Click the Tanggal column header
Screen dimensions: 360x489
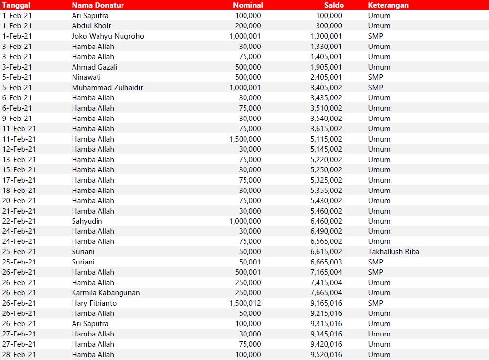click(17, 5)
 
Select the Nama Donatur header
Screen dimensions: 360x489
click(98, 5)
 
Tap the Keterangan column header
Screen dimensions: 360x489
click(388, 5)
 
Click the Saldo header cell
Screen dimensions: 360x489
click(334, 5)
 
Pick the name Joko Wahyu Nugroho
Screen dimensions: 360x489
click(108, 36)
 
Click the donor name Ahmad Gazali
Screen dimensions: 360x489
click(95, 67)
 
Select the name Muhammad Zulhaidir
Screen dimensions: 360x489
click(107, 88)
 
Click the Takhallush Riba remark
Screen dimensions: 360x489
click(393, 252)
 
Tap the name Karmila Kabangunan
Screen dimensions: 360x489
click(106, 293)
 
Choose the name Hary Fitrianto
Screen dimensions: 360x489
click(94, 303)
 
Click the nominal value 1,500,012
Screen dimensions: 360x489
click(245, 303)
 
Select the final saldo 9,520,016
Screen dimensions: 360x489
click(326, 355)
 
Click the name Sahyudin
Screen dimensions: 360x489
click(87, 221)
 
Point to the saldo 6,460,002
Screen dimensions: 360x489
click(326, 221)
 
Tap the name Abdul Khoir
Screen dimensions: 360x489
click(92, 26)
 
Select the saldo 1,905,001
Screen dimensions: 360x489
click(326, 67)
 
